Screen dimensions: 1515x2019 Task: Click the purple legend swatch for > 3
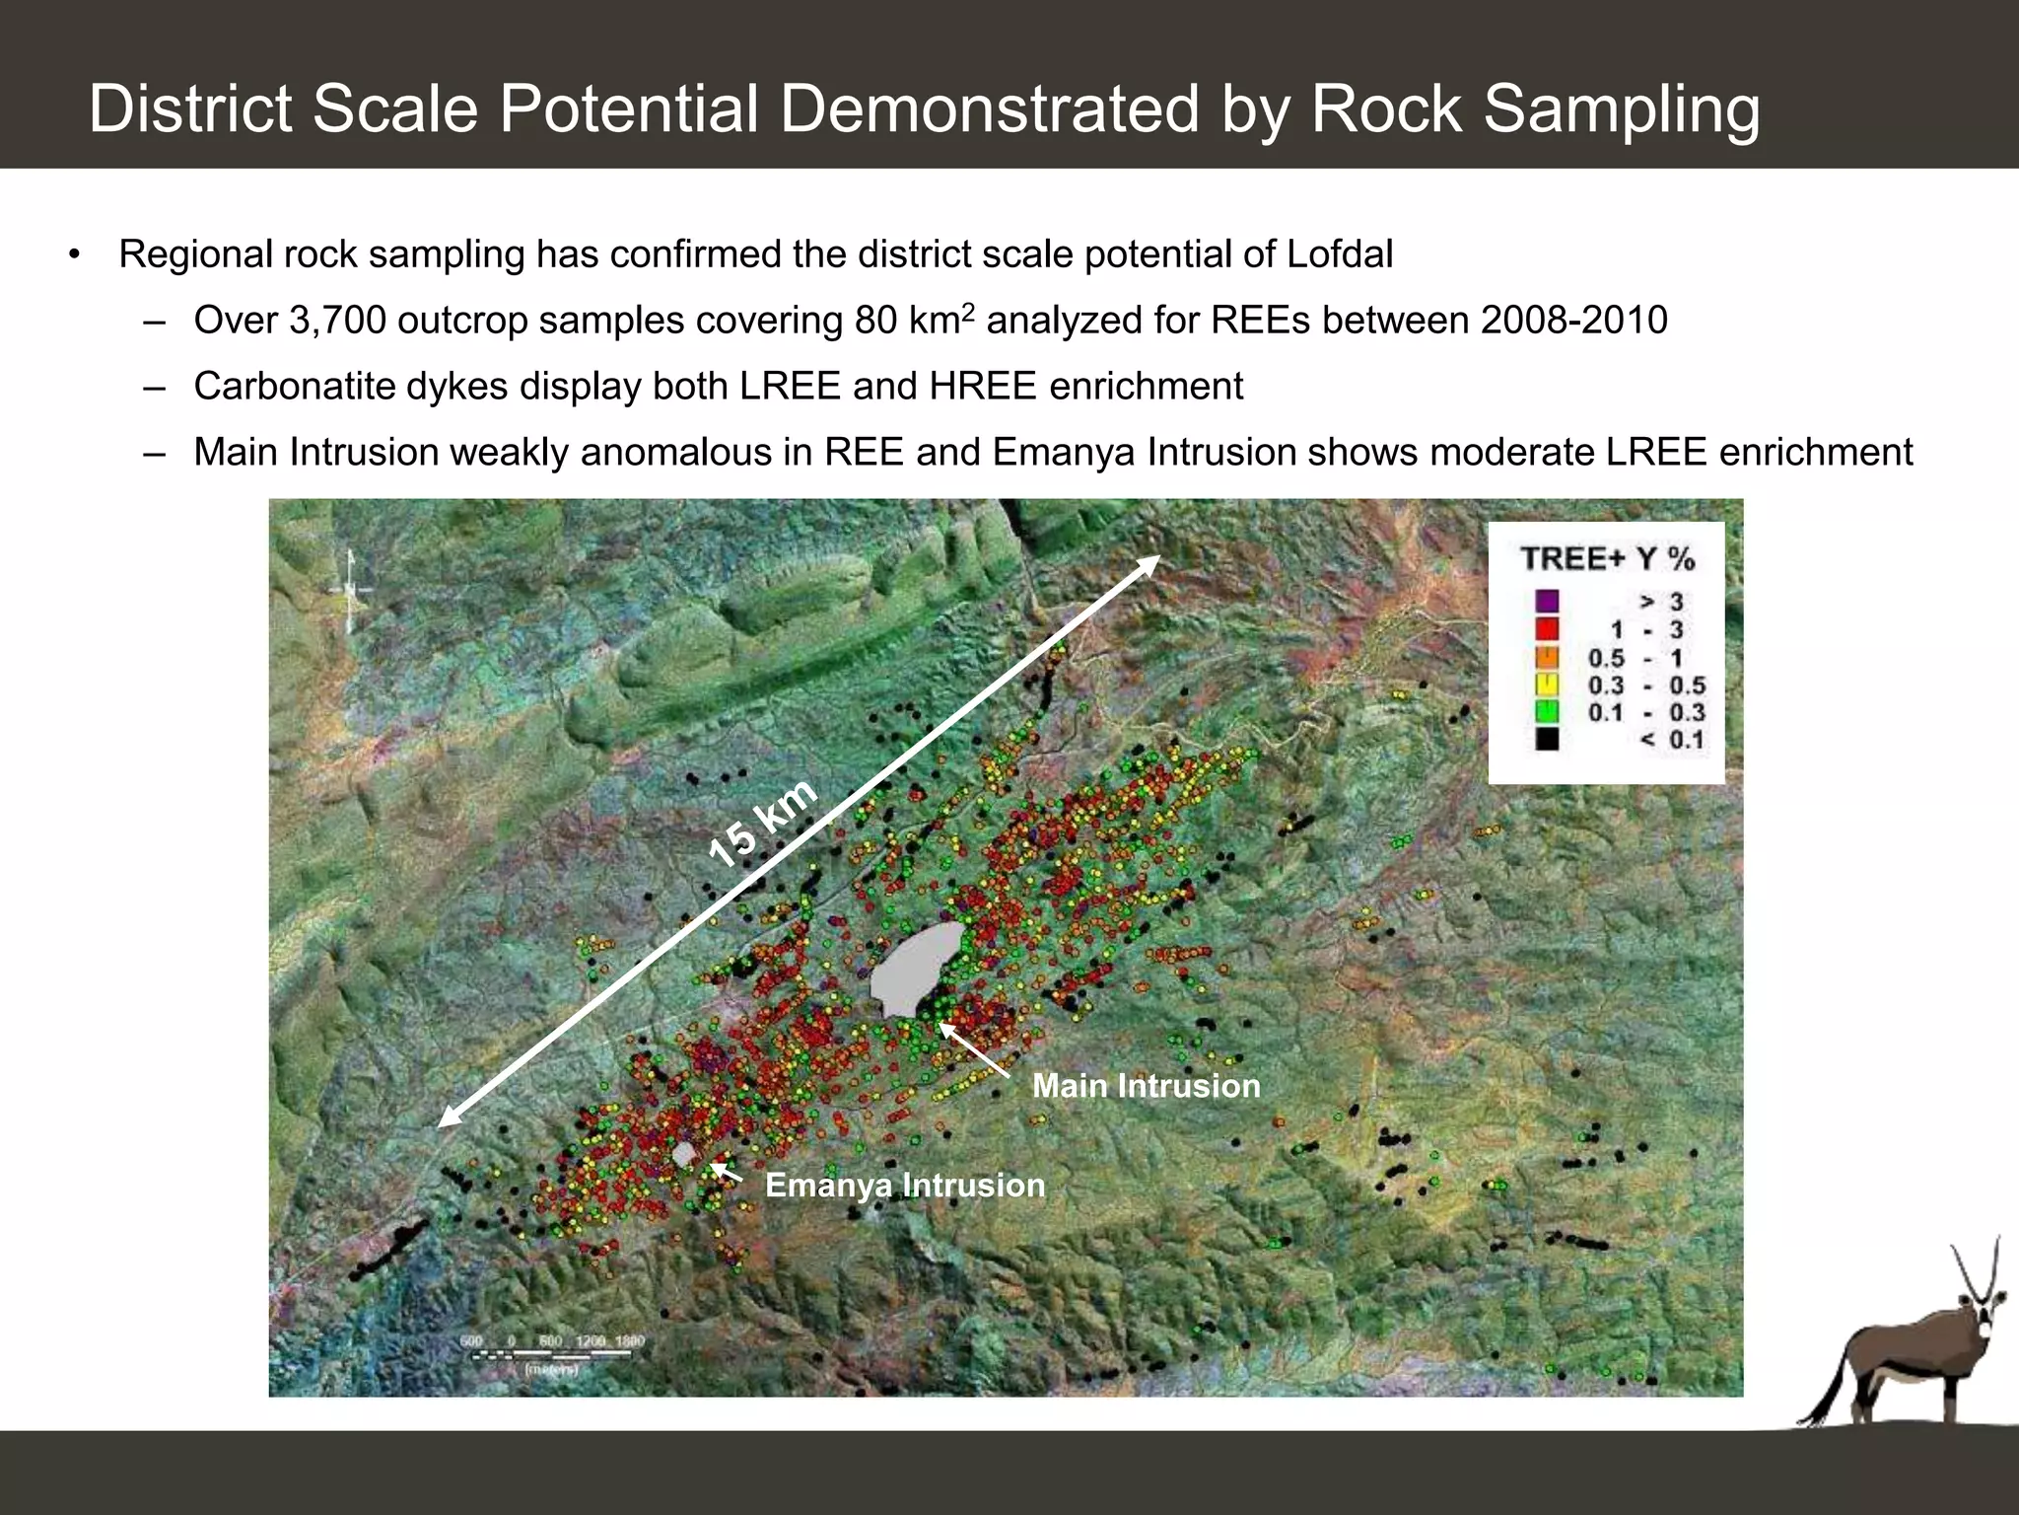coord(1547,601)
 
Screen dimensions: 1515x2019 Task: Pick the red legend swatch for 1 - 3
coord(1547,629)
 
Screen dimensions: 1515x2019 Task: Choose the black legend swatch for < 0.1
coord(1547,739)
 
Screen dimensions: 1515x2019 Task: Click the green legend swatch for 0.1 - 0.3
coord(1547,711)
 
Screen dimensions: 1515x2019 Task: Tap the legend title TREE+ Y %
coord(1607,559)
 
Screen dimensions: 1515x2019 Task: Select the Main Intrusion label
coord(1146,1086)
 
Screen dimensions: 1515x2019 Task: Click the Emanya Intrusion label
coord(905,1185)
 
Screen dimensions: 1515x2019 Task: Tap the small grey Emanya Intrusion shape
coord(683,1155)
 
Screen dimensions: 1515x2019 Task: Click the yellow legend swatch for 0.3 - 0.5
coord(1547,684)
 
